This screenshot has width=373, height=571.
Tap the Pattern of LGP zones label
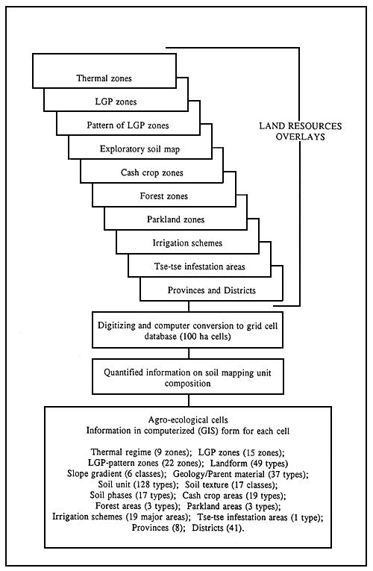point(128,125)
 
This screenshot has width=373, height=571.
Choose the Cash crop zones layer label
point(151,173)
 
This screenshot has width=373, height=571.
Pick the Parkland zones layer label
point(174,220)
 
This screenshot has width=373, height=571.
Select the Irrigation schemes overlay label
point(186,243)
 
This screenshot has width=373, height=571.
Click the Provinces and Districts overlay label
point(211,290)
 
